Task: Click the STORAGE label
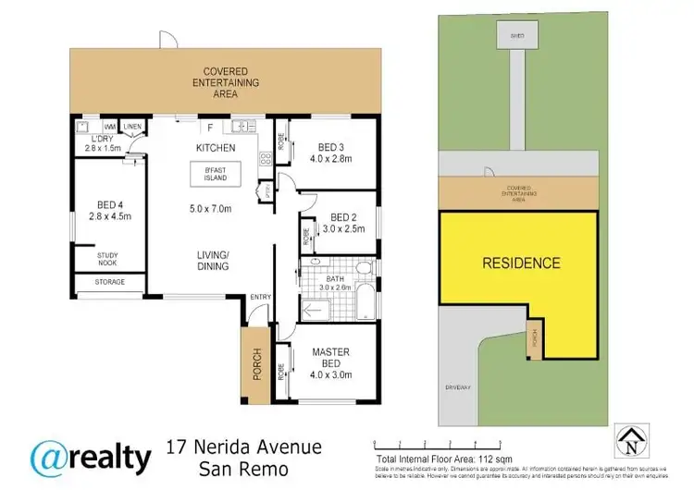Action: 109,282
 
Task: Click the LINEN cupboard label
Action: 133,127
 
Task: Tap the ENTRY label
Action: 262,296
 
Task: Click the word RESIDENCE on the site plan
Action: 522,263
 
